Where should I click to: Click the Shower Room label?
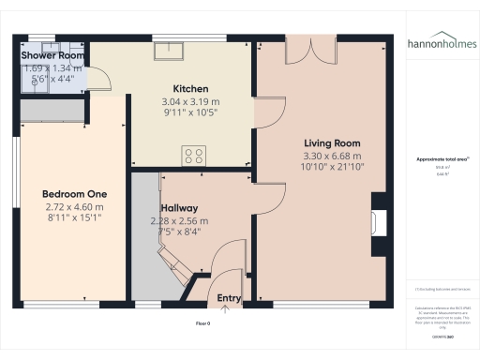pos(53,56)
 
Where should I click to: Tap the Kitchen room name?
pos(190,89)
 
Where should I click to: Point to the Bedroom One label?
pos(72,194)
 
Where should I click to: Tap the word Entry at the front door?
pos(230,298)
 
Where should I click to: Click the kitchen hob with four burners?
pos(195,156)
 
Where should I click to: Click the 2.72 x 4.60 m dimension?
pos(72,207)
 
